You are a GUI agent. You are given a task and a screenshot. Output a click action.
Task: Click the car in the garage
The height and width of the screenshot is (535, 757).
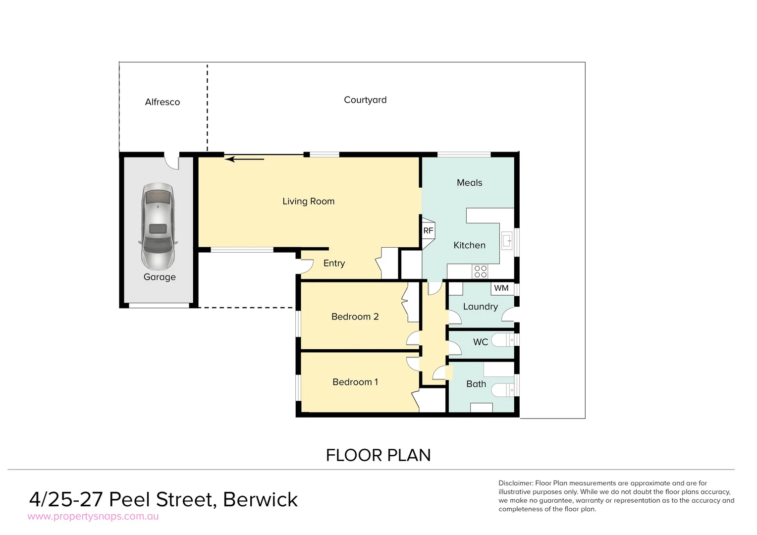(x=158, y=225)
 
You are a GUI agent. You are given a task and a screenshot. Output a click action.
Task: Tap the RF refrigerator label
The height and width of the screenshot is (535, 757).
(x=428, y=231)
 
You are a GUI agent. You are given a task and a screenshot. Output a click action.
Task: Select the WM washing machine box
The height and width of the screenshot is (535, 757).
(x=501, y=288)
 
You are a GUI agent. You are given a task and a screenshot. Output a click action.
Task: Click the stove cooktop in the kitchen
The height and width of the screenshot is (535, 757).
(x=480, y=271)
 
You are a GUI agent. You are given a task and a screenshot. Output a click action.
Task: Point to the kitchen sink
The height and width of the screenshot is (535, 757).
(x=506, y=241)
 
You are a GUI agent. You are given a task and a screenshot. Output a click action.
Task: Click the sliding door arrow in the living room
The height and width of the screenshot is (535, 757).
(x=244, y=159)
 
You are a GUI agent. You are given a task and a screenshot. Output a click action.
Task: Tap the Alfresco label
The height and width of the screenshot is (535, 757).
(x=162, y=102)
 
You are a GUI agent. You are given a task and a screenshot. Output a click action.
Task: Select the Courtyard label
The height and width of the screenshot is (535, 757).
(x=365, y=100)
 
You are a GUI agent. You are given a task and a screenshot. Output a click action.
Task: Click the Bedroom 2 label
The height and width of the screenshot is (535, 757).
(x=355, y=317)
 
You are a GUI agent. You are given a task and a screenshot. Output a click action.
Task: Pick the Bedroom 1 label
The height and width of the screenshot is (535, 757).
(x=355, y=382)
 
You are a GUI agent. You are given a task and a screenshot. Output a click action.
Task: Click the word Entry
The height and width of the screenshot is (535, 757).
(x=334, y=263)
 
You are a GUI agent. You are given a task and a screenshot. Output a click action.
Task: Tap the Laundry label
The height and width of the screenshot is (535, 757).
(x=480, y=307)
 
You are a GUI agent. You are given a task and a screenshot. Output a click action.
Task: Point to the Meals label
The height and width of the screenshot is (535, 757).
(x=469, y=183)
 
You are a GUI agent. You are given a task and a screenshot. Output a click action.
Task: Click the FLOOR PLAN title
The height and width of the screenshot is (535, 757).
(x=378, y=455)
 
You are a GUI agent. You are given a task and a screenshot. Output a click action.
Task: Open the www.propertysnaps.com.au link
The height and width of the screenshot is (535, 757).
(x=93, y=517)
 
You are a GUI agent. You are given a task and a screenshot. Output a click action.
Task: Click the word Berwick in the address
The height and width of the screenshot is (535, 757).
(x=261, y=499)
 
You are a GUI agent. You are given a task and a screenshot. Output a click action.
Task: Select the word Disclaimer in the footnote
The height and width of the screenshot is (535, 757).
(x=515, y=483)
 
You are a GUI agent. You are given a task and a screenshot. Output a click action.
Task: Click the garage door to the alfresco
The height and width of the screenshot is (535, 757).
(x=171, y=162)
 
